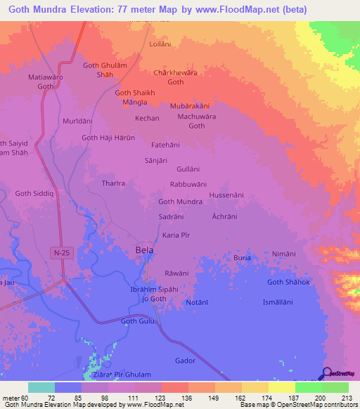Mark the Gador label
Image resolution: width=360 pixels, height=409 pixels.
tap(185, 360)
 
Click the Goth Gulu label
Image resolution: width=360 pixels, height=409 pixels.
tap(137, 321)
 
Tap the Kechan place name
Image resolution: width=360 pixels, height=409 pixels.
tap(147, 118)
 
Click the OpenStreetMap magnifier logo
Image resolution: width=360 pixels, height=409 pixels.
tap(326, 373)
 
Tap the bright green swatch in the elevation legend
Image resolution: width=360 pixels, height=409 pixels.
tap(308, 387)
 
